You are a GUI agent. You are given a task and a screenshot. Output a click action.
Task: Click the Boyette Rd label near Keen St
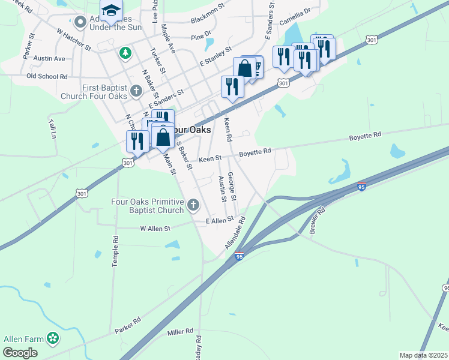tap(255, 152)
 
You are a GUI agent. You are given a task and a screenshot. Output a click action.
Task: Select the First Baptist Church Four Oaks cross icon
tap(136, 91)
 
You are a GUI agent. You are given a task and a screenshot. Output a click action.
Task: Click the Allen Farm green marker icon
tap(53, 338)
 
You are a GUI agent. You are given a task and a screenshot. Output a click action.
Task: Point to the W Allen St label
tap(155, 228)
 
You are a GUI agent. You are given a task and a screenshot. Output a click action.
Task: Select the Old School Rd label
tap(47, 77)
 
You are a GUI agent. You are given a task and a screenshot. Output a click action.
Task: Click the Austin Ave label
tap(49, 59)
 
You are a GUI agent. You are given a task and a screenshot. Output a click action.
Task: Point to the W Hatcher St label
tap(73, 39)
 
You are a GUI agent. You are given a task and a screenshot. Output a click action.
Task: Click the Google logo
tap(20, 353)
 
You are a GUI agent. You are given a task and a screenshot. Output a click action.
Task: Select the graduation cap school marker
tap(110, 10)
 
